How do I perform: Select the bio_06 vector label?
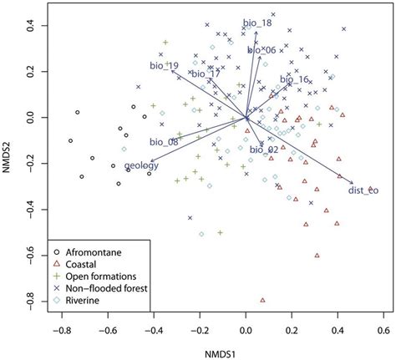coord(262,51)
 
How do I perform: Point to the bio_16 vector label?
coord(294,80)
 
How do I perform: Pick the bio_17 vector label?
coord(206,74)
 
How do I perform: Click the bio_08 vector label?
coord(164,142)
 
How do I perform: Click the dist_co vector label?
coord(363,190)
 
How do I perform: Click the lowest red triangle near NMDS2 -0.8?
coord(262,299)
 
